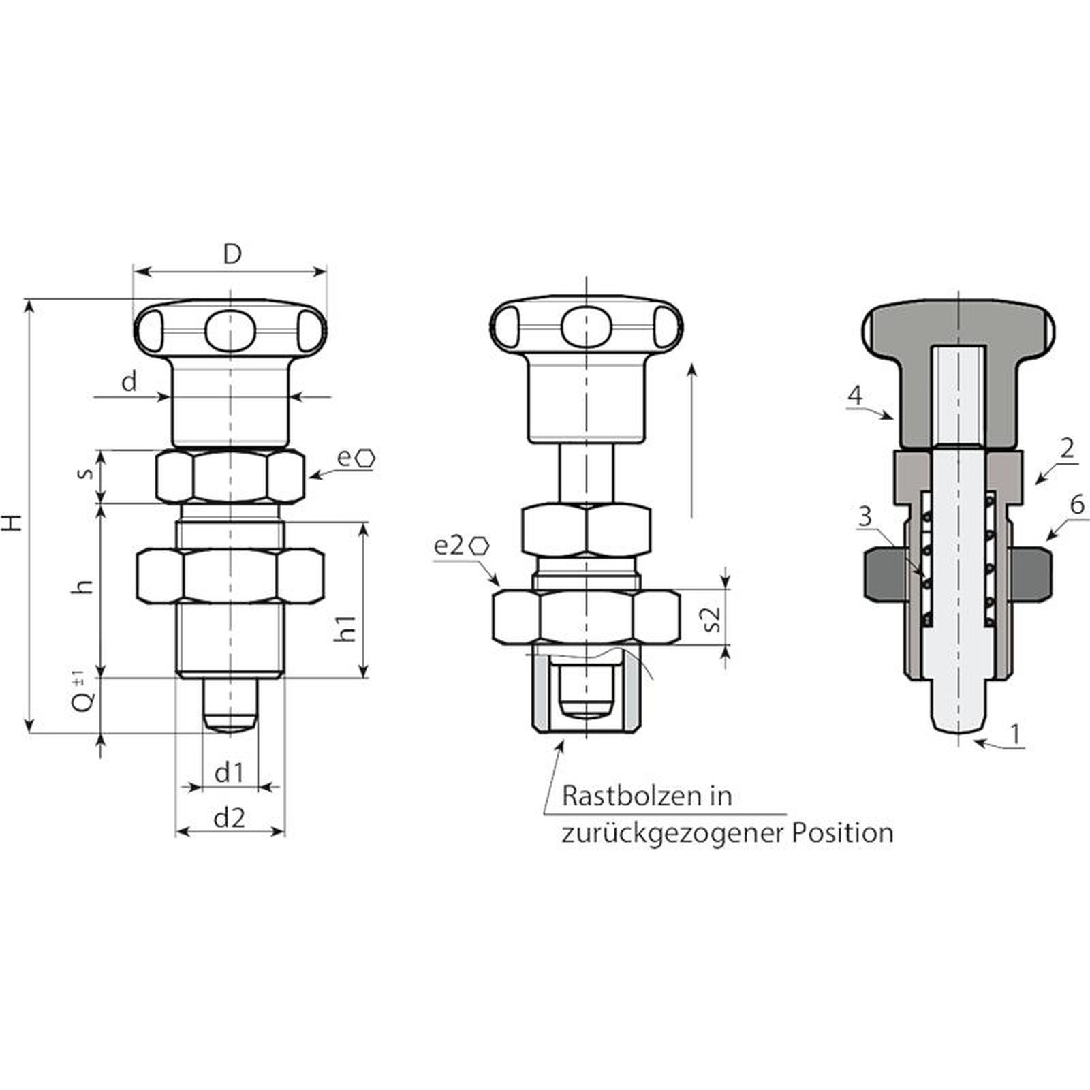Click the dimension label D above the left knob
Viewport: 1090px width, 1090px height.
pos(232,254)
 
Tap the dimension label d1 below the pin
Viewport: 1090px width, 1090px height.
pos(229,773)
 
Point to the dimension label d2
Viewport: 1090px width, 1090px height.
pos(229,817)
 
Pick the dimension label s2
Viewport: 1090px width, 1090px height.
pos(712,619)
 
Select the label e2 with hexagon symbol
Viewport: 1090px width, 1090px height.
pos(462,546)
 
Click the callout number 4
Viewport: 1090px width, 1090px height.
pos(856,396)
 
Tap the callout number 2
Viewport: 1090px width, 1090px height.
pos(1067,448)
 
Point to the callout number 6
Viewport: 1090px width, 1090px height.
pos(1077,505)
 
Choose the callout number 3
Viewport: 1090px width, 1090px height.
pos(865,516)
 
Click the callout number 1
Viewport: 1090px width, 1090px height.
pos(1016,734)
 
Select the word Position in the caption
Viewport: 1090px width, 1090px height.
pos(842,832)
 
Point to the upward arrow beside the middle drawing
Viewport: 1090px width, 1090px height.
pos(691,441)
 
